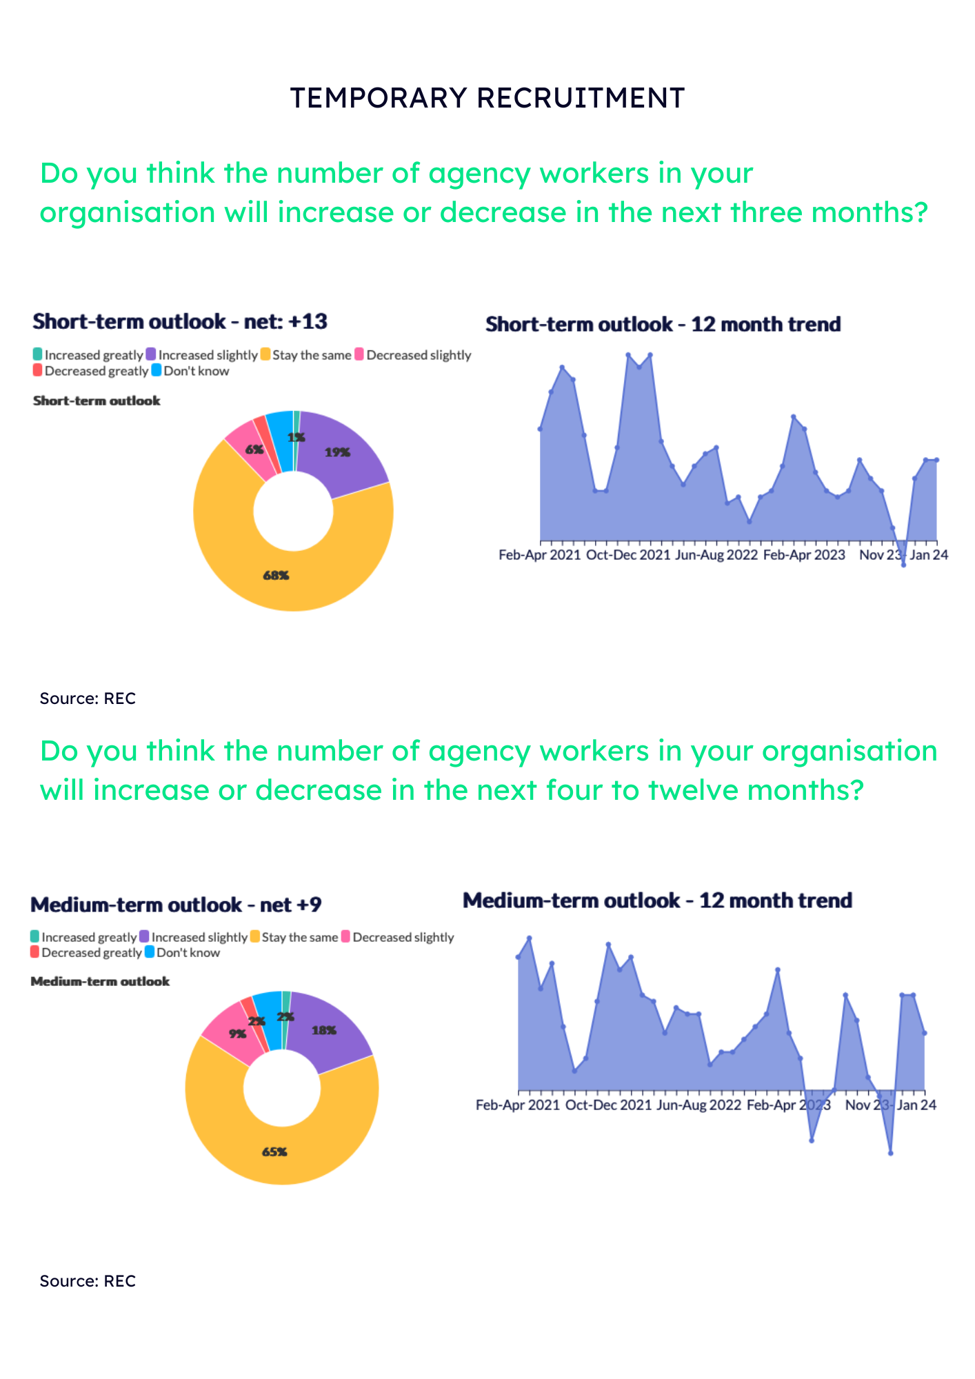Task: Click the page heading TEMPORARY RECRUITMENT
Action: click(487, 98)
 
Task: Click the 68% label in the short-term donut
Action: click(276, 575)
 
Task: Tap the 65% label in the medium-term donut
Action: click(274, 1151)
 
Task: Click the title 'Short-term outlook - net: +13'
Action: click(180, 321)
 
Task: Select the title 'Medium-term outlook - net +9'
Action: click(176, 905)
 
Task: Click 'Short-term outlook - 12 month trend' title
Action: click(663, 324)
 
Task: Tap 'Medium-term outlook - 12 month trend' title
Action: click(657, 900)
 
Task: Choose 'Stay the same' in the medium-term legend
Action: click(300, 937)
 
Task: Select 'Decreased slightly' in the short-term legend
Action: click(419, 355)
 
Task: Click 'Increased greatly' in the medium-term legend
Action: click(89, 937)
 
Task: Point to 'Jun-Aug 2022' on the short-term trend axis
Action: click(717, 555)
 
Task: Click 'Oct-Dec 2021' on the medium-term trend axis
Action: click(608, 1105)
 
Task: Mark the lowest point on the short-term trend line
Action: click(903, 565)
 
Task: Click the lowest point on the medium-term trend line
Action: click(891, 1153)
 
